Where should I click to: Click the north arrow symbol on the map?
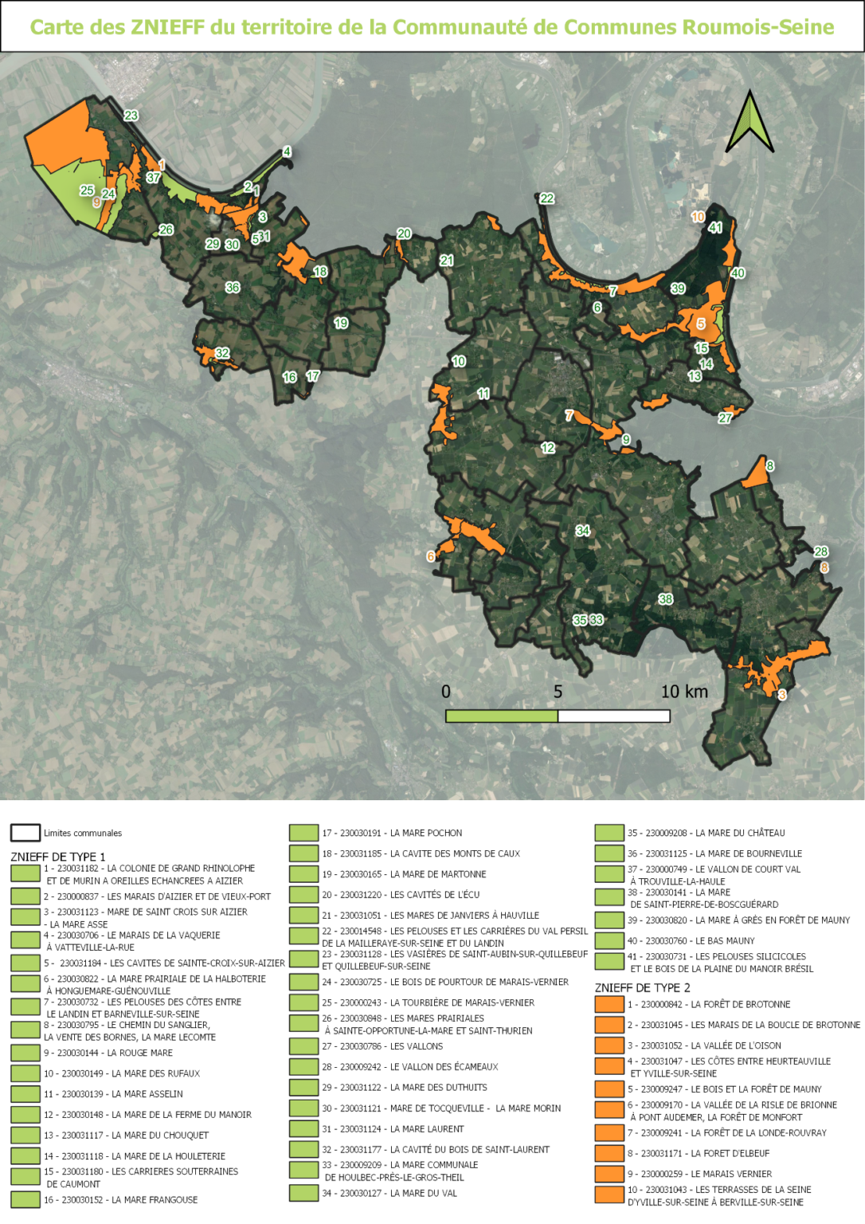(750, 124)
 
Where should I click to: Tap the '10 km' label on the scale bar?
(684, 692)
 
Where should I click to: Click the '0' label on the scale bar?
(446, 692)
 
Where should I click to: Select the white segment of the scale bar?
(613, 716)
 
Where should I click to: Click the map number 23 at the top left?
(131, 116)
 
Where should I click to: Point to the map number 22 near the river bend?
(546, 198)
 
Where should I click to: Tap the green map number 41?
(715, 228)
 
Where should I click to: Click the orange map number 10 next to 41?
(698, 217)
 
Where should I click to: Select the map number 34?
(583, 531)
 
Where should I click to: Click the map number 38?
(666, 599)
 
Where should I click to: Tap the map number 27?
(725, 418)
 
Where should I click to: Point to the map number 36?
(233, 288)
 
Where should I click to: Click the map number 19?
(341, 324)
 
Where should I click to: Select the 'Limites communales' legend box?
(25, 833)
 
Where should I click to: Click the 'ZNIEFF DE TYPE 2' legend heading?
(642, 987)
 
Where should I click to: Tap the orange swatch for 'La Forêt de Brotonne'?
(609, 1004)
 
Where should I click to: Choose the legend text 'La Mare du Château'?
(740, 833)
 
